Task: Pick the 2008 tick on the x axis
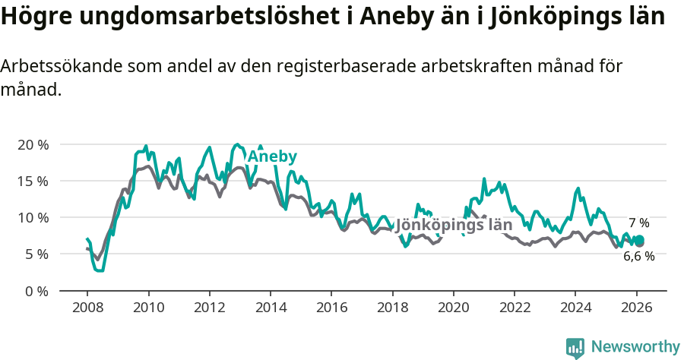[x=87, y=308]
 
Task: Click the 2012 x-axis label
[x=210, y=308]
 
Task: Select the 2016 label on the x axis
[x=331, y=308]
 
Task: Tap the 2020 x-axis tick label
[x=454, y=308]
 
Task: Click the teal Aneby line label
[x=272, y=156]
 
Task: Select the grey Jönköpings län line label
[x=454, y=226]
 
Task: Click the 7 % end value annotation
[x=638, y=223]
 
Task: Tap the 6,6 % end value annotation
[x=638, y=257]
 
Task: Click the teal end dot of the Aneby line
[x=639, y=241]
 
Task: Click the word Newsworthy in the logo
[x=635, y=347]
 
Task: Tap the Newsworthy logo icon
[x=575, y=348]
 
